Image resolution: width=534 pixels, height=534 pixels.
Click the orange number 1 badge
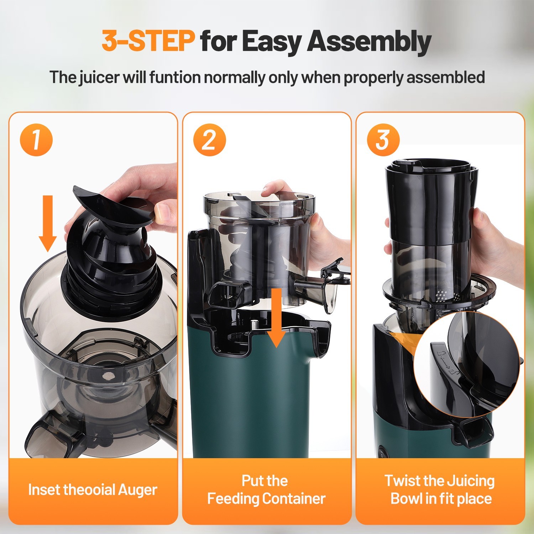click(x=36, y=140)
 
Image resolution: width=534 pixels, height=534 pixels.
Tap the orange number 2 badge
click(x=210, y=140)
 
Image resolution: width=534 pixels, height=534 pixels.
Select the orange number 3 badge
click(x=383, y=140)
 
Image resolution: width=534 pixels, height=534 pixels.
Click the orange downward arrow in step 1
click(x=48, y=224)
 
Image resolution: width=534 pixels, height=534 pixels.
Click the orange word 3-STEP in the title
click(x=148, y=41)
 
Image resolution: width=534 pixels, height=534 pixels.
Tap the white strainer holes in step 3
click(x=441, y=294)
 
